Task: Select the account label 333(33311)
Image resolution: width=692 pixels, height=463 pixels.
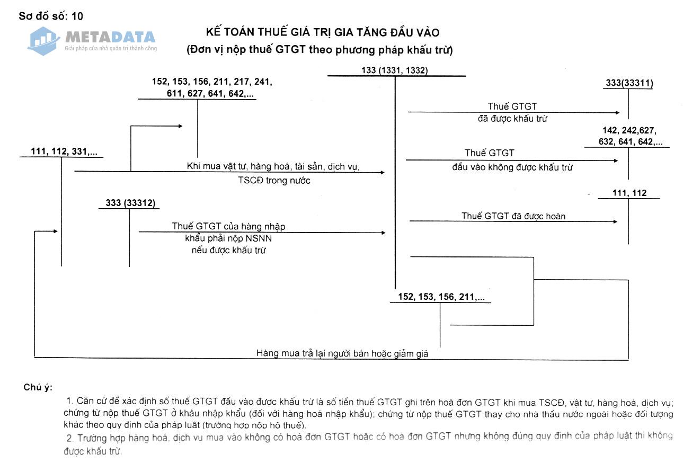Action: point(629,83)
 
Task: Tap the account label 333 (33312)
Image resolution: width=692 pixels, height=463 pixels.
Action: point(130,203)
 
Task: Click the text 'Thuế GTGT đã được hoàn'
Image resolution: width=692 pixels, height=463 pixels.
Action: point(513,216)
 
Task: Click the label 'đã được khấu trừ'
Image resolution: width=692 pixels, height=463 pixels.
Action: point(512,119)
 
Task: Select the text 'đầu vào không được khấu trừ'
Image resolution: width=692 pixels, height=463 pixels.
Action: point(512,167)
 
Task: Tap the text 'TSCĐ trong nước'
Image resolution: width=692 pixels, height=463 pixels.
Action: point(274,180)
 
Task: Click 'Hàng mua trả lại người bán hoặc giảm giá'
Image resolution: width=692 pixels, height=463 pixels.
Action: point(342,353)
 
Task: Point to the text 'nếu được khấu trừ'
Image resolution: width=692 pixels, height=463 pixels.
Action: point(228,250)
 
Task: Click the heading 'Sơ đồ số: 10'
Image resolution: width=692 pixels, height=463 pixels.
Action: point(51,16)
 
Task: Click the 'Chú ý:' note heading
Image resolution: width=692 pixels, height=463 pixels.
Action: point(38,387)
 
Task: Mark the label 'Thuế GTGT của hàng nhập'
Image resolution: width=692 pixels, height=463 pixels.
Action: point(228,226)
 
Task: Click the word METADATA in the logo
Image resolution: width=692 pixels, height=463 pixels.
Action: point(110,37)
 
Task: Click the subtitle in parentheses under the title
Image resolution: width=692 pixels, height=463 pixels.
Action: point(319,51)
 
